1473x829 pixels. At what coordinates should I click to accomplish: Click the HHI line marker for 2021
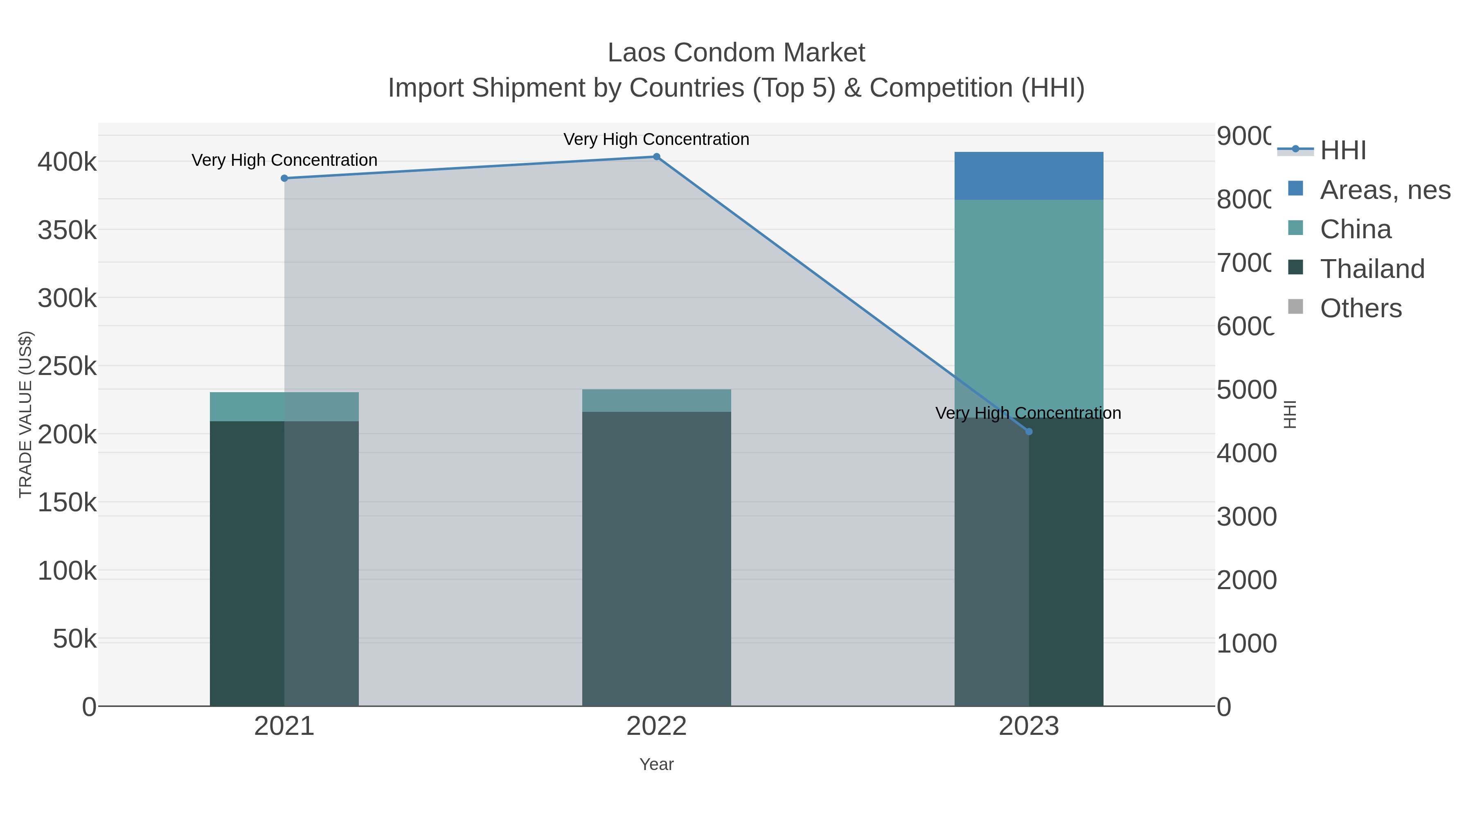click(284, 178)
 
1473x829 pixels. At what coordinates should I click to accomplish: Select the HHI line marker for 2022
click(656, 157)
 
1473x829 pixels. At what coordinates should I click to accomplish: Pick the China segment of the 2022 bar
click(656, 400)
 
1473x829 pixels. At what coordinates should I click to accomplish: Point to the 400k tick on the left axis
click(67, 162)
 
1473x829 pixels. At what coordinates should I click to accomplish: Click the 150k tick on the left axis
click(67, 503)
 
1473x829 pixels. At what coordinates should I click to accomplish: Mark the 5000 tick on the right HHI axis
click(1246, 390)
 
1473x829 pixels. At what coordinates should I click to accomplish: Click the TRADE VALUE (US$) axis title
click(26, 414)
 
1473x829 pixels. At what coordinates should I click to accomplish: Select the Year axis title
click(656, 764)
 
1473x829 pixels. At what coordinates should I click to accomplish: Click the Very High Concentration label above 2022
click(656, 139)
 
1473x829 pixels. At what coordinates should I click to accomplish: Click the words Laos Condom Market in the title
click(736, 53)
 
